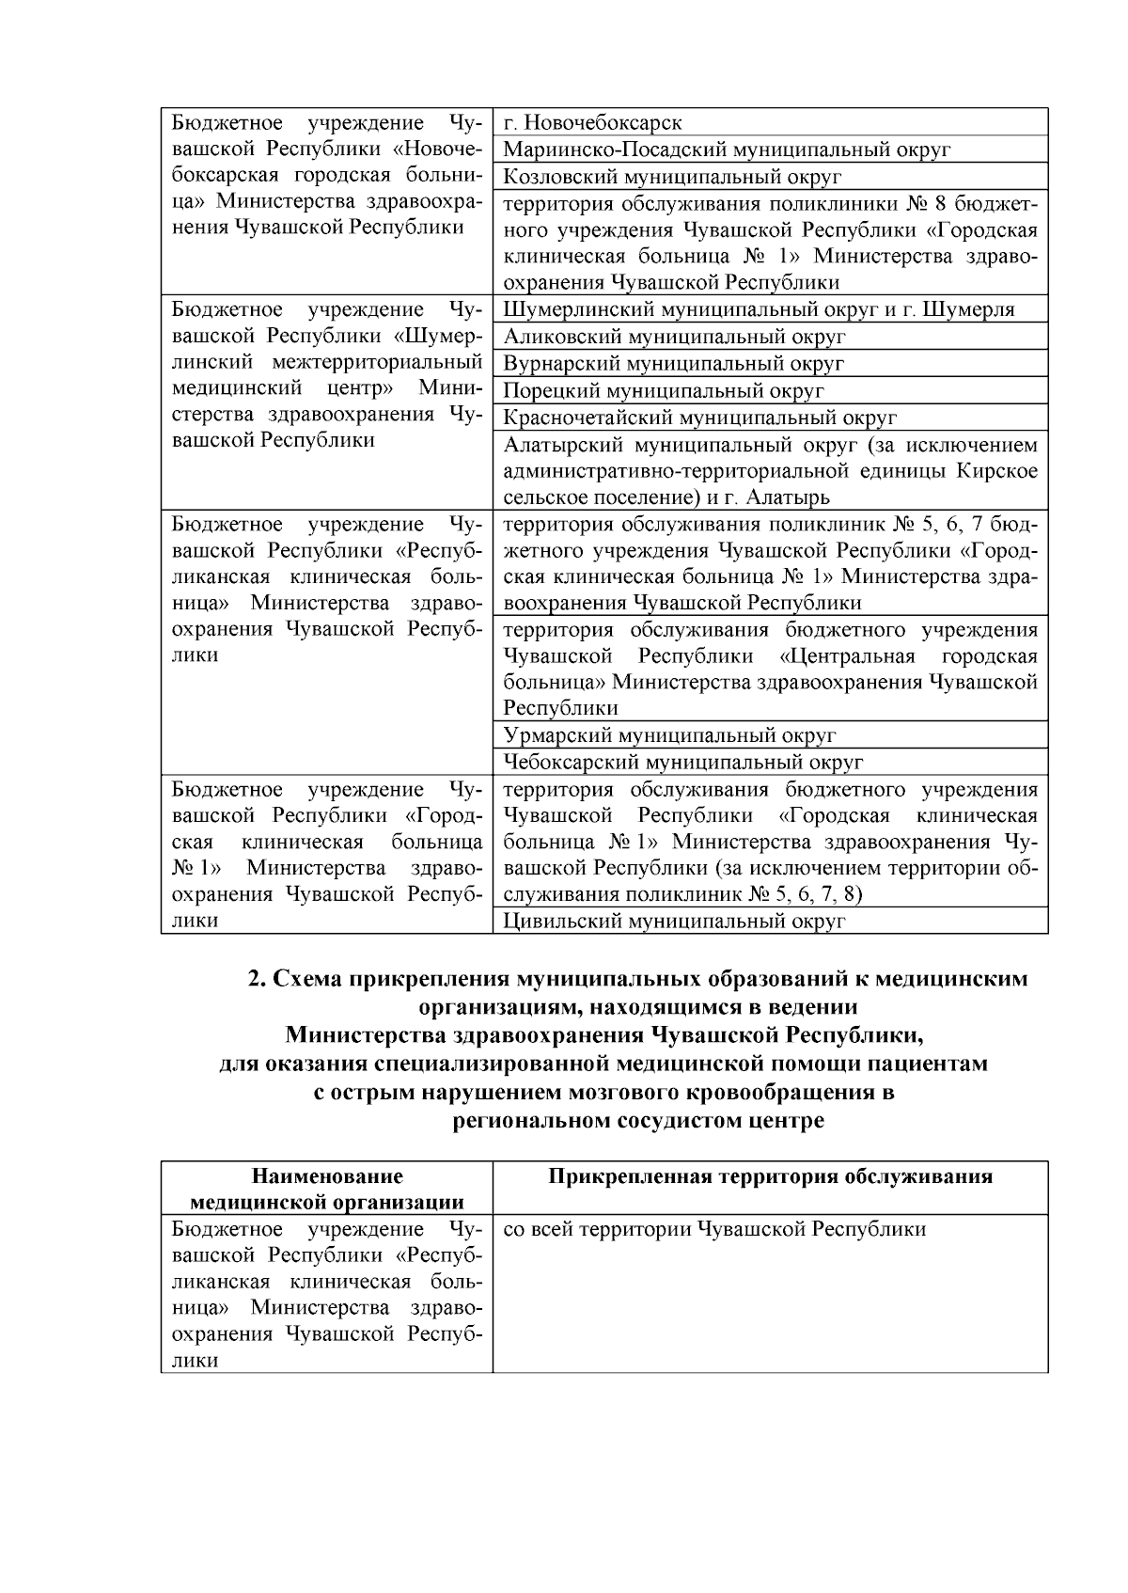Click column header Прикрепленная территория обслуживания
pos(770,1176)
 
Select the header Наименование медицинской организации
pos(326,1189)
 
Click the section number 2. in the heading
pos(257,979)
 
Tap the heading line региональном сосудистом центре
pos(638,1121)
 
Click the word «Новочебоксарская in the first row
pos(436,149)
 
